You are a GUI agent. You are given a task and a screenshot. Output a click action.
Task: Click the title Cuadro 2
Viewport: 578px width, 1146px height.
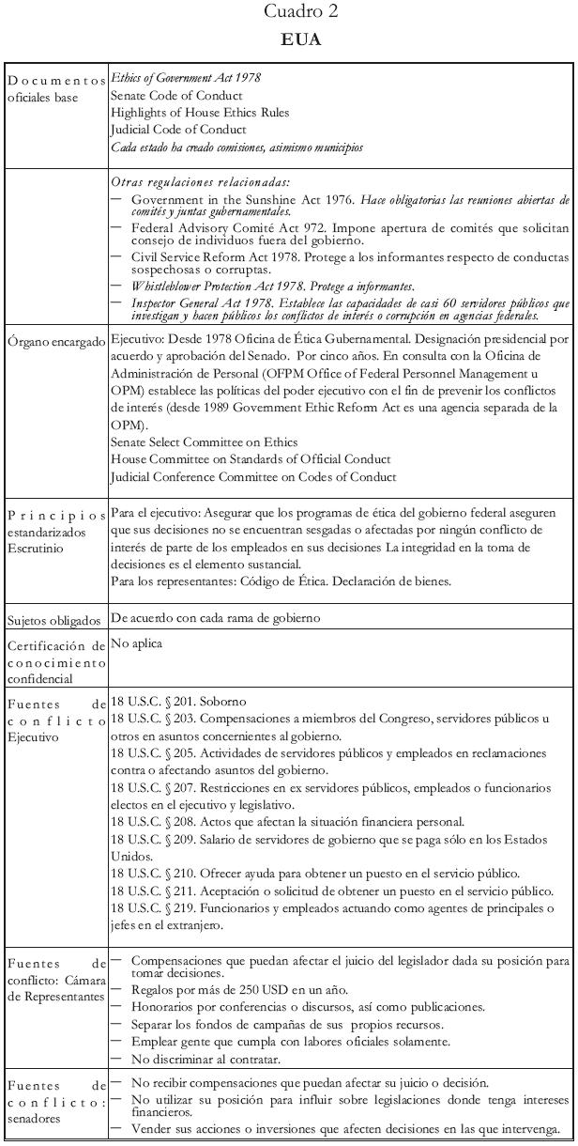[x=289, y=12]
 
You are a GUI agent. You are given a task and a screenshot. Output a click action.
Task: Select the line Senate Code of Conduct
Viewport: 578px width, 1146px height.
[x=176, y=96]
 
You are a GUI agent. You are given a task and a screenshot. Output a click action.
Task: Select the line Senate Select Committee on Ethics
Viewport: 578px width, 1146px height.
[x=204, y=441]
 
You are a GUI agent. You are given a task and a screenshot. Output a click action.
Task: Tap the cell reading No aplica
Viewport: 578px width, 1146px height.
[x=136, y=645]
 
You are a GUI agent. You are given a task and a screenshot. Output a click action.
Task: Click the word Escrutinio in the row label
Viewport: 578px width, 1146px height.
[x=37, y=549]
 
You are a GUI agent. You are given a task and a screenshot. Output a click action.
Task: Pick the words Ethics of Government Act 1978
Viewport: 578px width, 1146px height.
[x=186, y=78]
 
